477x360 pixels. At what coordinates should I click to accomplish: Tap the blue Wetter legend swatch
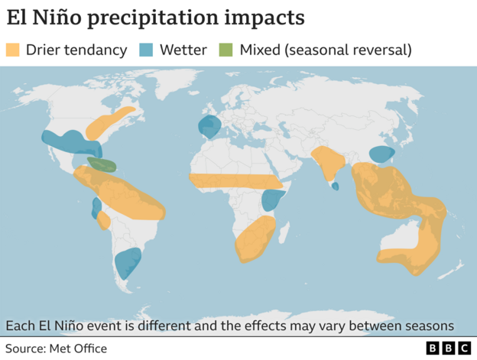(x=148, y=50)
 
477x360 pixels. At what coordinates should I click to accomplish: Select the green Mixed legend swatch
(x=227, y=50)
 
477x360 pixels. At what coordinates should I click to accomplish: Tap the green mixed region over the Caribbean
(x=102, y=164)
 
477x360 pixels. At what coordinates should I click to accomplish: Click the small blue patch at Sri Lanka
(x=335, y=186)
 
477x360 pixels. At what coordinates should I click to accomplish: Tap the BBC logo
(x=449, y=349)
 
